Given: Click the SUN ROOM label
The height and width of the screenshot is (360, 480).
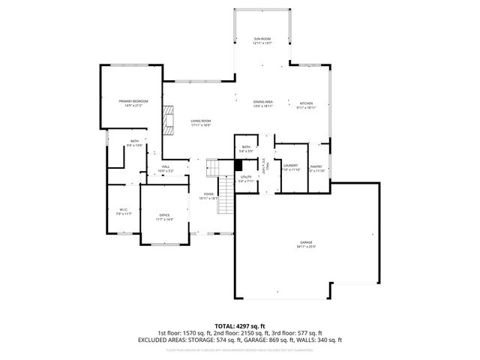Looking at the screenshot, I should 262,38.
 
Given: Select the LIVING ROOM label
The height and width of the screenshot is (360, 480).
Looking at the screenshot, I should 200,121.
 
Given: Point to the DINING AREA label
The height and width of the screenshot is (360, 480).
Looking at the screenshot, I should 262,102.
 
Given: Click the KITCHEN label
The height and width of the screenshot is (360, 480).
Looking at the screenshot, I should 307,103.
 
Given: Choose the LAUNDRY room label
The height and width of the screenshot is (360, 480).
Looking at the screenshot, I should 291,165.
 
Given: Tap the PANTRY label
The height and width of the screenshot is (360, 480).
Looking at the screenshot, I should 316,166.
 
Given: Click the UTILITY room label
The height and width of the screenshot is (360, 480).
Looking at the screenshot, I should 246,176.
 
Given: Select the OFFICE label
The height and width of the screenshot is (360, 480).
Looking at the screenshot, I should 164,215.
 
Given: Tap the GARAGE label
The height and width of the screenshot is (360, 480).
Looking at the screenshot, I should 306,242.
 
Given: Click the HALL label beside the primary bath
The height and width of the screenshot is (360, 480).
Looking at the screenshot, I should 166,166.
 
